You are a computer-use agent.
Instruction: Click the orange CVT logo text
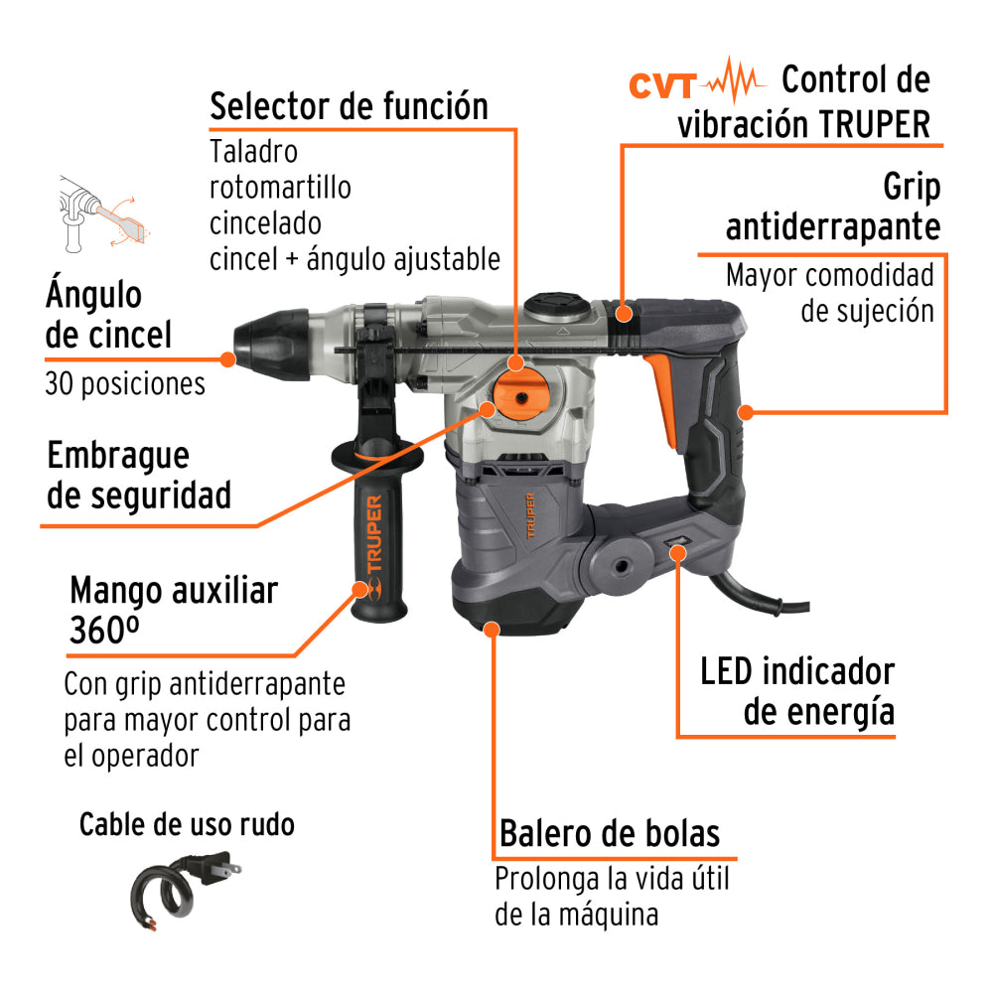coord(665,85)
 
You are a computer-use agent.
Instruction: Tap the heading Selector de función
coord(349,106)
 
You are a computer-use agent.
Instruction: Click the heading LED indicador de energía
coord(797,691)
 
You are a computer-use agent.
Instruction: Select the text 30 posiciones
coord(125,383)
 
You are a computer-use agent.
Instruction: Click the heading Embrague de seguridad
coord(138,475)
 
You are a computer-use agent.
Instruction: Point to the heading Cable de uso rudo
coord(187,824)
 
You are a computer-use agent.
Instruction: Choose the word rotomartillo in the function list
coord(280,187)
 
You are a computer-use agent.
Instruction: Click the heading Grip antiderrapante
coord(832,207)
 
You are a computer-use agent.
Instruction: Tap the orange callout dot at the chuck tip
coord(228,358)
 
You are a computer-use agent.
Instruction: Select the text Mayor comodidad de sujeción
coord(830,292)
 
